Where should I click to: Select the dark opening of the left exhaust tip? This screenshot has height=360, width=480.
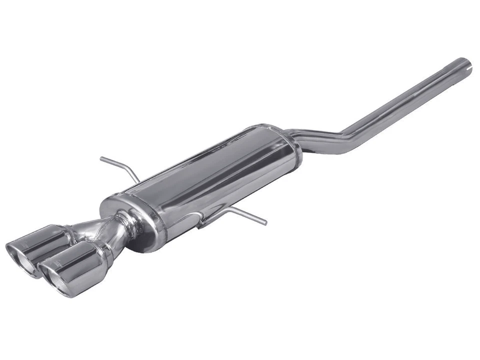tap(20, 254)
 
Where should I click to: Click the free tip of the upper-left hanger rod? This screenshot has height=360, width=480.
tap(101, 159)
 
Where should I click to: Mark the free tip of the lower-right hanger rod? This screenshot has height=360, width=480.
tap(265, 223)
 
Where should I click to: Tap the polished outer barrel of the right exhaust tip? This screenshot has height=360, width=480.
tap(80, 260)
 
